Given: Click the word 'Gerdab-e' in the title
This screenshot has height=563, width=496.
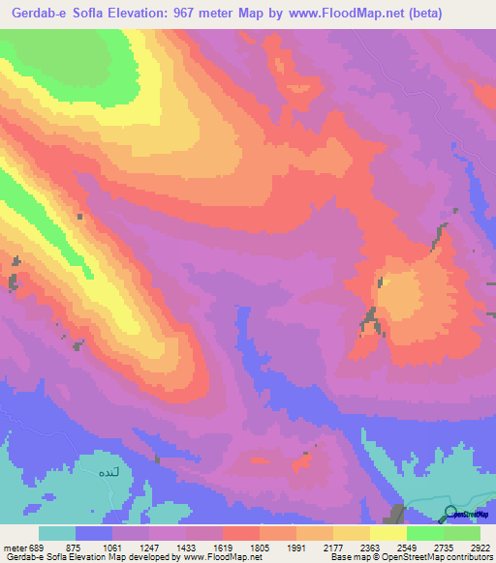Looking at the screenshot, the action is pyautogui.click(x=34, y=13).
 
